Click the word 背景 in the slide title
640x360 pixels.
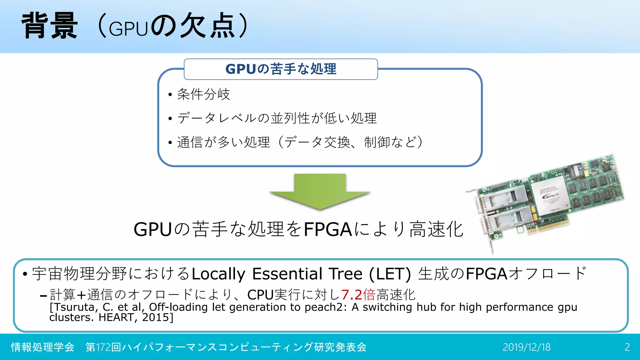point(49,26)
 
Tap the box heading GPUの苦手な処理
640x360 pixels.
point(281,69)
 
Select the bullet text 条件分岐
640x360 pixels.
point(203,94)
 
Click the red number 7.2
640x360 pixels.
point(351,294)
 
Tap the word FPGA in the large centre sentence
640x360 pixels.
point(328,229)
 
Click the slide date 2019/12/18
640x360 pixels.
point(526,347)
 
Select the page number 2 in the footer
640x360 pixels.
point(627,347)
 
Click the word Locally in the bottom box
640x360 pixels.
point(218,274)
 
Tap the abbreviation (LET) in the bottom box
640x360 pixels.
point(390,274)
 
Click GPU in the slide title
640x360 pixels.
point(128,29)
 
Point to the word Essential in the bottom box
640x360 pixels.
point(287,274)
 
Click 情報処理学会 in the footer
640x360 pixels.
point(42,347)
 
